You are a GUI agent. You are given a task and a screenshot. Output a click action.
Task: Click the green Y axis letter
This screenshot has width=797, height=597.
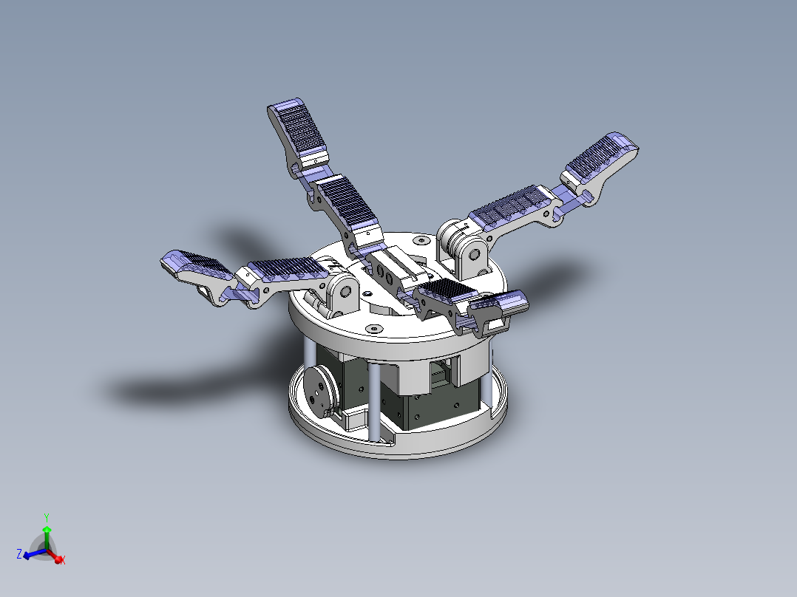(46, 517)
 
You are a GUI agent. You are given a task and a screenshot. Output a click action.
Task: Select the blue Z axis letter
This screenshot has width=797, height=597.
(18, 553)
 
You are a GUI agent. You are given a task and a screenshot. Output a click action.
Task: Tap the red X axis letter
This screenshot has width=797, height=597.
(63, 561)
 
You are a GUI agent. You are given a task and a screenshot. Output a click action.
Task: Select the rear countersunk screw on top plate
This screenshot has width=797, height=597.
(421, 240)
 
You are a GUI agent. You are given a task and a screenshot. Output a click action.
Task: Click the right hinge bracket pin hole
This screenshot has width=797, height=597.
(471, 256)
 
